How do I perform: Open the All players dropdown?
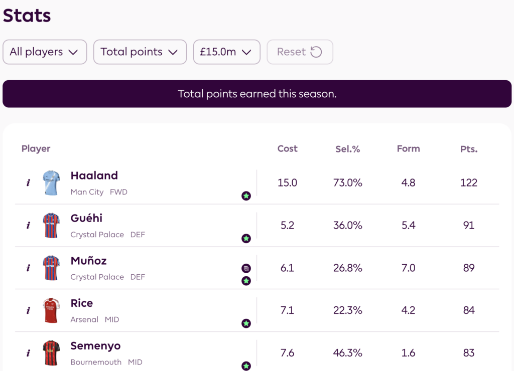(x=45, y=52)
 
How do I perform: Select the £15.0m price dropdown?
(x=226, y=52)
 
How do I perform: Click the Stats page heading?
(x=27, y=16)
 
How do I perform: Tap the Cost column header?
(x=287, y=149)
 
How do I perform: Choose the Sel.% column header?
(x=348, y=149)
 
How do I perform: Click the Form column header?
(x=408, y=149)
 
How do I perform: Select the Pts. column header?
(x=469, y=149)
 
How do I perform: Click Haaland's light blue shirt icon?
(x=51, y=183)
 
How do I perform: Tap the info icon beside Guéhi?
(x=28, y=226)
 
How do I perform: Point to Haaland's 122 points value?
(x=469, y=183)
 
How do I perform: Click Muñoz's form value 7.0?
(x=408, y=268)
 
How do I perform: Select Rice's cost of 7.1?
(x=287, y=311)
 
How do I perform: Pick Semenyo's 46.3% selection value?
(x=348, y=353)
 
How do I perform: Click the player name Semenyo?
(x=95, y=346)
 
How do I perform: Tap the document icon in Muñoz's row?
(x=246, y=268)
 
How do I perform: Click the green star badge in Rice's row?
(x=246, y=323)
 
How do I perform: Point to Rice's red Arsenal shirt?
(x=51, y=311)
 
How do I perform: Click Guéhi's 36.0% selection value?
(x=348, y=226)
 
